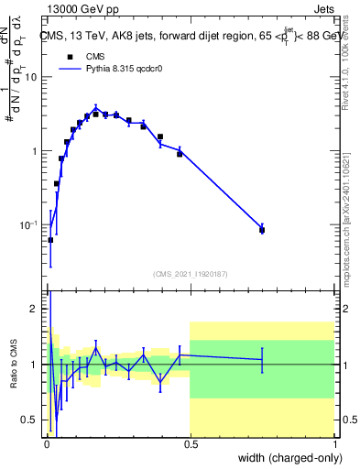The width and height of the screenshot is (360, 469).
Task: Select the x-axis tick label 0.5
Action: pos(191,443)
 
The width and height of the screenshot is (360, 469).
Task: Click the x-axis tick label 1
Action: pos(335,443)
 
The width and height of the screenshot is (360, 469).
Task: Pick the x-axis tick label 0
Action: pos(47,443)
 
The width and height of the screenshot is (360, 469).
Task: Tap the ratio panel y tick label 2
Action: pos(35,309)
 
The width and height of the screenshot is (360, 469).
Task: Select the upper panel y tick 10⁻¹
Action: pos(29,224)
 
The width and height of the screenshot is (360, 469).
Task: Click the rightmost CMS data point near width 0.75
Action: pos(262,230)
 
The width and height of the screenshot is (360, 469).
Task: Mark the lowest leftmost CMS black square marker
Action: pos(50,240)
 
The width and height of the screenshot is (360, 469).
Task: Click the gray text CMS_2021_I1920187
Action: pos(191,273)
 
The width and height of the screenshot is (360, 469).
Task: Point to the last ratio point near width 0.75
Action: pos(262,360)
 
